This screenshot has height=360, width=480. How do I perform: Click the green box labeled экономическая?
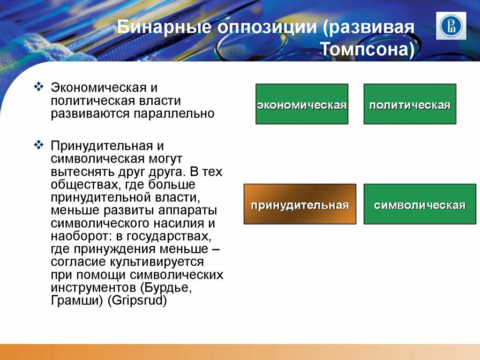302,104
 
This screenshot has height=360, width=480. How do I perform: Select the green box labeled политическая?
410,104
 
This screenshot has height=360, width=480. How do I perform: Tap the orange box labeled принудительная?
300,204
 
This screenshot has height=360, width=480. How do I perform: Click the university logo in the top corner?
451,26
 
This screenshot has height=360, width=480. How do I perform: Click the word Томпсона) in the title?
368,49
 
